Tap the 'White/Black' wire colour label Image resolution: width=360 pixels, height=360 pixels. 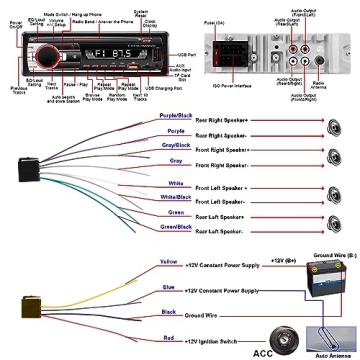tap(176, 197)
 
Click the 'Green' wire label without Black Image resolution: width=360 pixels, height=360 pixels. tap(176, 211)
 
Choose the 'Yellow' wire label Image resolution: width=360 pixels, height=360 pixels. tap(170, 262)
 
